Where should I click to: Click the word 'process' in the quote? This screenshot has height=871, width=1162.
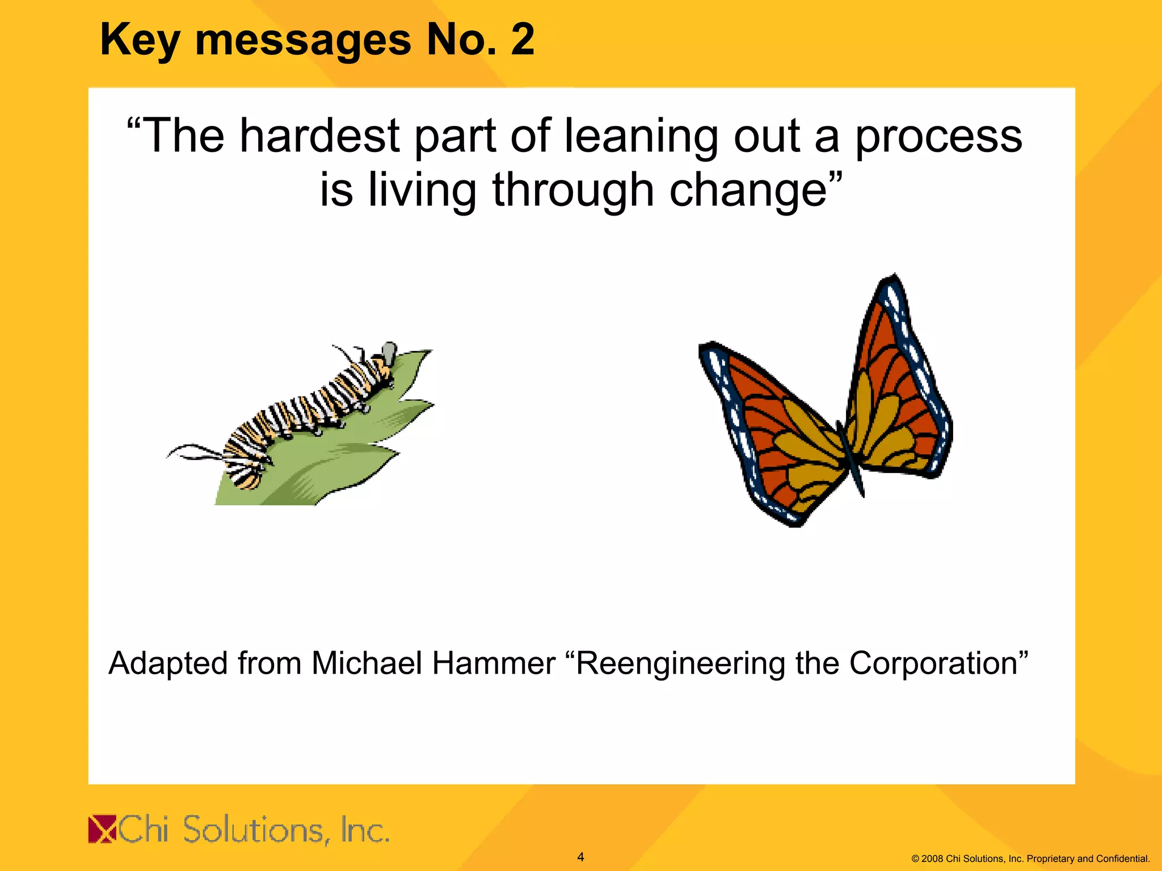938,137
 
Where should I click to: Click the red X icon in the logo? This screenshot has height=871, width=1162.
102,829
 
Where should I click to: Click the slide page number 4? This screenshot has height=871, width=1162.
580,857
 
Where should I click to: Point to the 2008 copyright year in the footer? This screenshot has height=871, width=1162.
932,859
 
